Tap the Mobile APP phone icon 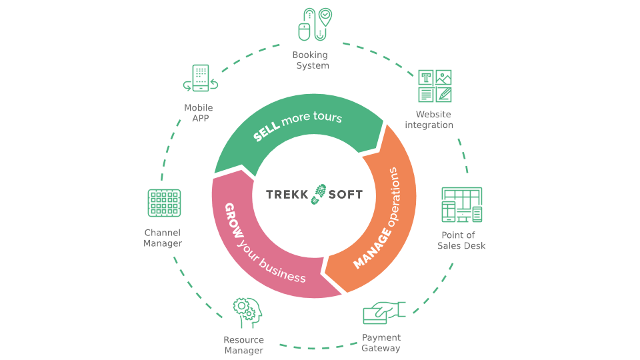201,78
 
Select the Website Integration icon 435,86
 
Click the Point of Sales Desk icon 461,205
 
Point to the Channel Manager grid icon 164,203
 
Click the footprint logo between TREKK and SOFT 319,194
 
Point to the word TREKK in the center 287,195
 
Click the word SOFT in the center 345,195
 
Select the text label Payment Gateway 381,343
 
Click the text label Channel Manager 163,238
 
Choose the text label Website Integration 429,120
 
